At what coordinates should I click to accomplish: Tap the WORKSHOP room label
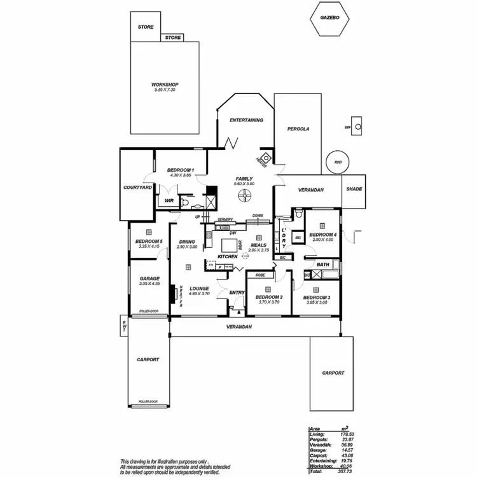165,85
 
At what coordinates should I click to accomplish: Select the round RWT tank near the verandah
337,162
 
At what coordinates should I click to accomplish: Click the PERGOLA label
298,128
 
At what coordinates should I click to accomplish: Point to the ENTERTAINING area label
246,120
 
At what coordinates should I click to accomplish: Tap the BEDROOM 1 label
180,170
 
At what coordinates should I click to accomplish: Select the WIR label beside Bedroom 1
169,200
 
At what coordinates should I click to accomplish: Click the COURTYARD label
137,188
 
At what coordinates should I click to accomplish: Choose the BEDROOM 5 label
149,242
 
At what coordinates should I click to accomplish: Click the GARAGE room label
149,279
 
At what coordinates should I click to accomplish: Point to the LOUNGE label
198,288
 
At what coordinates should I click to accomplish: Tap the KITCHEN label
227,256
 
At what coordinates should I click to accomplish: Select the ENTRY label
237,293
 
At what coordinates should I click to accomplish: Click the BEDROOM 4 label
322,235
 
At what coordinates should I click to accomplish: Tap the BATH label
323,265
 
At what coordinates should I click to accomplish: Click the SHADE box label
354,190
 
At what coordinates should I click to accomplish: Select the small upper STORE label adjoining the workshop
173,38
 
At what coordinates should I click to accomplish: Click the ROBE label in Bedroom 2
259,275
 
